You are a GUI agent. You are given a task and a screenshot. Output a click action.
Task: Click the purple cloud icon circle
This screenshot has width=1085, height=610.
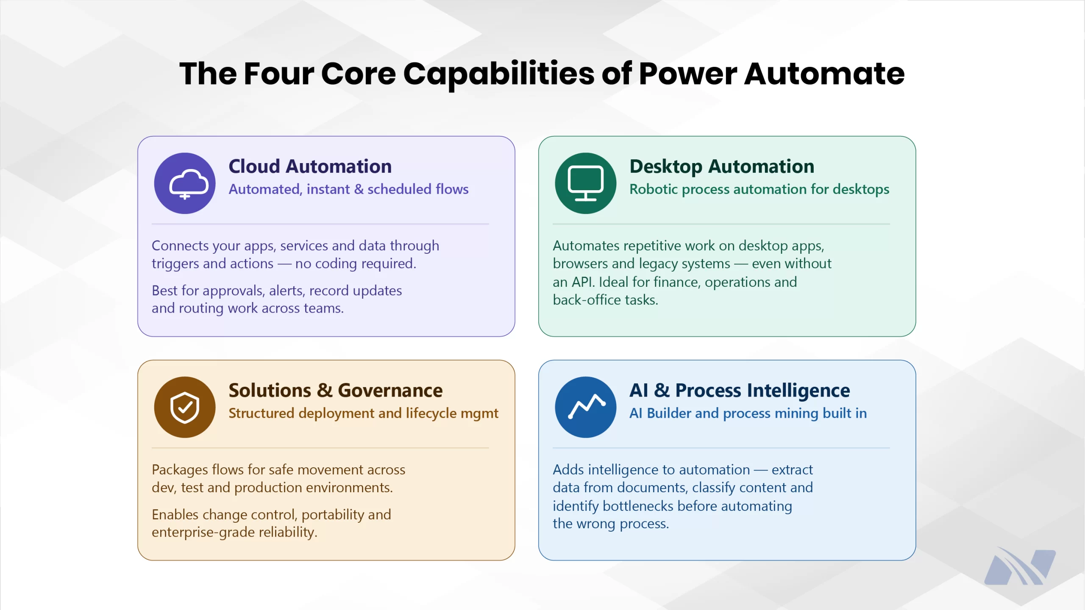tap(185, 183)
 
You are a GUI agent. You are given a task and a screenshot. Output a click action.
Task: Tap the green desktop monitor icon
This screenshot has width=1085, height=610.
tap(586, 183)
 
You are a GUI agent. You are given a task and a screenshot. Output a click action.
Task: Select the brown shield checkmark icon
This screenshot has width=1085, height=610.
tap(185, 407)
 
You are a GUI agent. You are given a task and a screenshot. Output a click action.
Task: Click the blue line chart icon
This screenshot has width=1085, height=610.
tap(586, 407)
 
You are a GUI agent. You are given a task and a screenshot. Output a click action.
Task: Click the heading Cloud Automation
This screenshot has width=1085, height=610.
tap(310, 166)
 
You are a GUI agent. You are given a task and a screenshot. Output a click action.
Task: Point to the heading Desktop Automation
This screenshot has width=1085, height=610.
tap(722, 166)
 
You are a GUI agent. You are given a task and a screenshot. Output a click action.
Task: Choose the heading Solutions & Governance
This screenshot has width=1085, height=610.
tap(335, 390)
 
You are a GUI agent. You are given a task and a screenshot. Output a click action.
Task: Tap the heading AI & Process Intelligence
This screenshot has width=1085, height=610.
tap(740, 390)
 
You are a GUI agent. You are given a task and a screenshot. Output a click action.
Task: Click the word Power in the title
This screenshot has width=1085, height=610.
tap(687, 74)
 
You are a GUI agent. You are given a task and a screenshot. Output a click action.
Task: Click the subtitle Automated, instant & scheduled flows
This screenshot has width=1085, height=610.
tap(348, 189)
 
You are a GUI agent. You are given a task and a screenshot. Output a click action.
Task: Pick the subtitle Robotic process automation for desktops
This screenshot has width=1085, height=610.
tap(759, 189)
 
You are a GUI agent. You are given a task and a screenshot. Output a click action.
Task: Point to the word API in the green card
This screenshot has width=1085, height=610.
tap(583, 282)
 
